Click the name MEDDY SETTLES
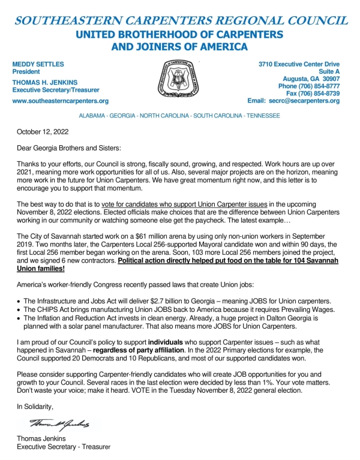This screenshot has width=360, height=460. (x=39, y=64)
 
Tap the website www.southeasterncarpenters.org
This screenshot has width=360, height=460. (x=61, y=101)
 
